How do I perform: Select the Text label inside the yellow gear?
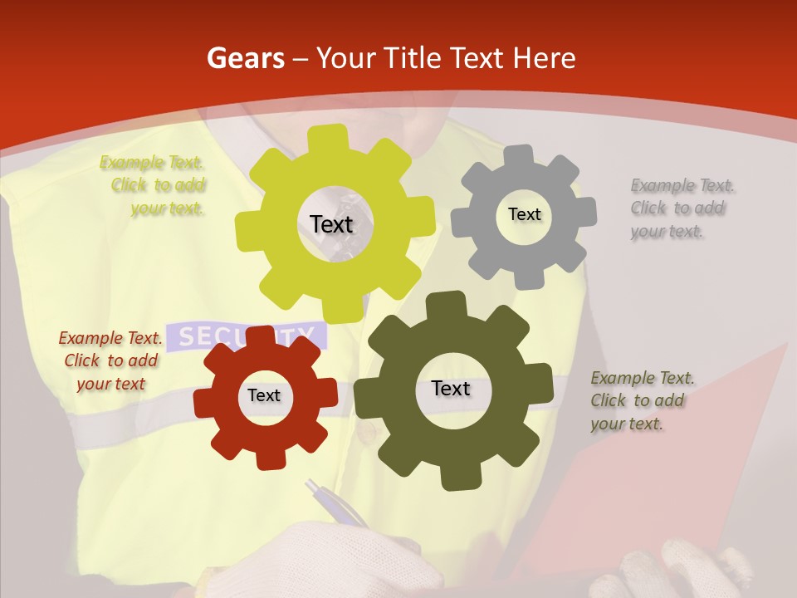(x=331, y=224)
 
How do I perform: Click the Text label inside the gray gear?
(x=524, y=214)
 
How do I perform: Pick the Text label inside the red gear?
(x=264, y=395)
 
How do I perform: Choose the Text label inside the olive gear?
(x=451, y=388)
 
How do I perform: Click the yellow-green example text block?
(x=154, y=185)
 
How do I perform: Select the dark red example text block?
(x=110, y=360)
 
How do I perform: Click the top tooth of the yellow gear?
(x=332, y=138)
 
